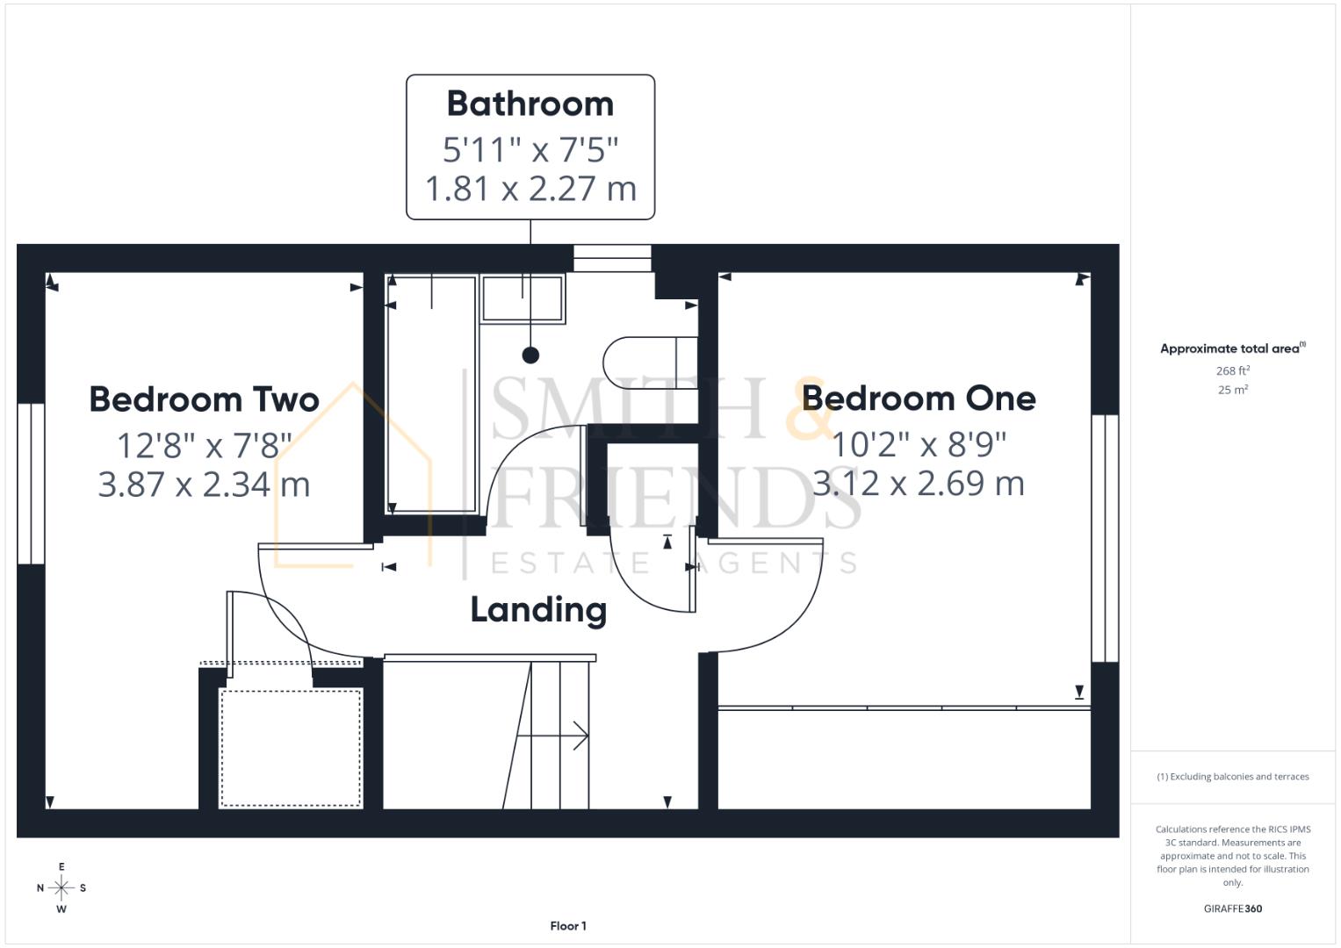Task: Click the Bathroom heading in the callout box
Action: click(530, 104)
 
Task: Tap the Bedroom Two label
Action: click(204, 399)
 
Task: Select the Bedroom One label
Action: click(919, 399)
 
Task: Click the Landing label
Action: click(538, 609)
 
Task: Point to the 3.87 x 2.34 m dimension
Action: click(204, 485)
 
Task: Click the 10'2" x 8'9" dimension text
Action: click(919, 444)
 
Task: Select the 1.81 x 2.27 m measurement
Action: click(530, 189)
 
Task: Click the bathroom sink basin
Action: click(522, 299)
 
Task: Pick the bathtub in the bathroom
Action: click(431, 393)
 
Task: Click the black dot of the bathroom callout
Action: click(530, 355)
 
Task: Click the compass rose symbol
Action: click(61, 888)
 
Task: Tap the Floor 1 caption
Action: click(568, 926)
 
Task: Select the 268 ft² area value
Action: click(1232, 371)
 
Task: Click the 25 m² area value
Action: click(1232, 390)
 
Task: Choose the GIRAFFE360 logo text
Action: click(1232, 908)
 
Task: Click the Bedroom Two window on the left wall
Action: click(31, 484)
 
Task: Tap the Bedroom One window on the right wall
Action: click(1105, 538)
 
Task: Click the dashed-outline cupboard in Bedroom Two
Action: click(291, 747)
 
